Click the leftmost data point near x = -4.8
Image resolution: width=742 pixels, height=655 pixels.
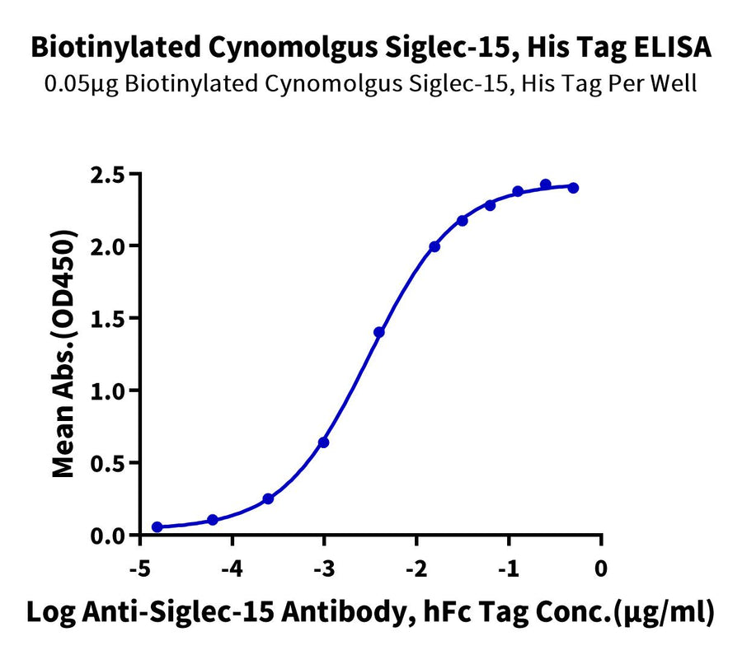click(157, 527)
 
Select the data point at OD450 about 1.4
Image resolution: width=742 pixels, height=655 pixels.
click(379, 332)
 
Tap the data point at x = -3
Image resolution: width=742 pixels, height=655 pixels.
click(324, 442)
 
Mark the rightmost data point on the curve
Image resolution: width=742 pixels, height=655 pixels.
click(573, 188)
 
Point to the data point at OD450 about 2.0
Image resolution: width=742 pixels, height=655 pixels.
click(434, 246)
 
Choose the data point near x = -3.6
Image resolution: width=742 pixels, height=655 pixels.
click(268, 499)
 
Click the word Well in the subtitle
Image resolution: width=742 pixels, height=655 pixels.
click(675, 84)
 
